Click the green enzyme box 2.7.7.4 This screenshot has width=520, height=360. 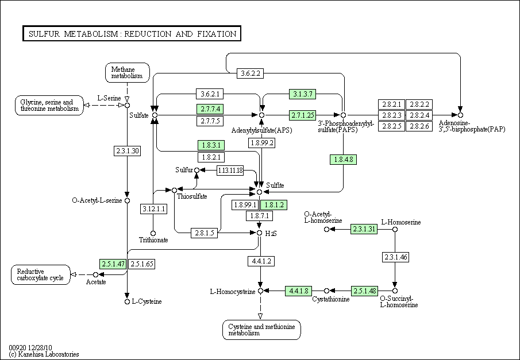tap(210, 109)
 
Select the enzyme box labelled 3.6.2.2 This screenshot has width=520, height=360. tap(251, 73)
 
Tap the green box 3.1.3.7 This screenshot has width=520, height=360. tap(303, 94)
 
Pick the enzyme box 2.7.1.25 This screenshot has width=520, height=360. tap(303, 115)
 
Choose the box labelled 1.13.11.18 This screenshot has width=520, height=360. tap(230, 171)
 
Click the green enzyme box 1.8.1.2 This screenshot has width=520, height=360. tap(274, 204)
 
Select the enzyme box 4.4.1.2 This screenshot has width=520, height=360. tap(260, 261)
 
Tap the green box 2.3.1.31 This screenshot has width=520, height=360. tap(364, 229)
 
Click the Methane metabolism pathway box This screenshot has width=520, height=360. tap(127, 72)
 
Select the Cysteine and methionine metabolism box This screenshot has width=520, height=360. tap(261, 330)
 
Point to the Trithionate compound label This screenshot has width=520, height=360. tap(153, 240)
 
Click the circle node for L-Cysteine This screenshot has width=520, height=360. tap(127, 301)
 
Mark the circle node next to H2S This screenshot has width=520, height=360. tap(260, 233)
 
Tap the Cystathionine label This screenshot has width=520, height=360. tap(331, 300)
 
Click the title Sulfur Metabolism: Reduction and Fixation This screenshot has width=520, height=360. tap(132, 34)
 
